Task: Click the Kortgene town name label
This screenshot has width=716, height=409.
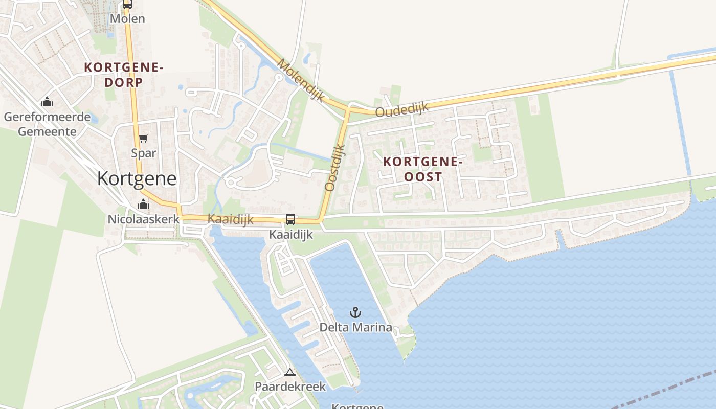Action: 137,178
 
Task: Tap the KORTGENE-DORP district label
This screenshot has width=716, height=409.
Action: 123,74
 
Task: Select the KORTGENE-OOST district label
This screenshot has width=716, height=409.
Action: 423,169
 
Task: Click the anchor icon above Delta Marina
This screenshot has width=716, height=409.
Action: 355,312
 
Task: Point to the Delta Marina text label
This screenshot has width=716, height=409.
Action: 356,327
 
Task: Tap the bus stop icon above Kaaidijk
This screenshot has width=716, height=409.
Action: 290,219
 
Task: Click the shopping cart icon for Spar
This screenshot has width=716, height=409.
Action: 144,139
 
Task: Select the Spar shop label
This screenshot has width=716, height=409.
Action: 144,153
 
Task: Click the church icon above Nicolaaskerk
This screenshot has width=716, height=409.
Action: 143,205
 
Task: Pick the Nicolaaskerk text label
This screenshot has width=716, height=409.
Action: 143,219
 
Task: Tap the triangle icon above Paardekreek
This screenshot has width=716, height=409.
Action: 290,373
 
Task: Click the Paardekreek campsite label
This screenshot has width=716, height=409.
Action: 290,387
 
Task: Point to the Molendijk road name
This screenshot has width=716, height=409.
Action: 302,80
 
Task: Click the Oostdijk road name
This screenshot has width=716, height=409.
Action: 335,167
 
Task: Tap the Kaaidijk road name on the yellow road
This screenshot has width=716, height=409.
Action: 231,219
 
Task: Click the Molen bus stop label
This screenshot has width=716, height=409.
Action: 128,19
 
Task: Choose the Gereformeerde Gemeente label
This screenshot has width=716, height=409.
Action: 47,124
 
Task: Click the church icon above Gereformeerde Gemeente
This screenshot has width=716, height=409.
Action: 47,102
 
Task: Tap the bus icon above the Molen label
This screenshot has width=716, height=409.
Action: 127,4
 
